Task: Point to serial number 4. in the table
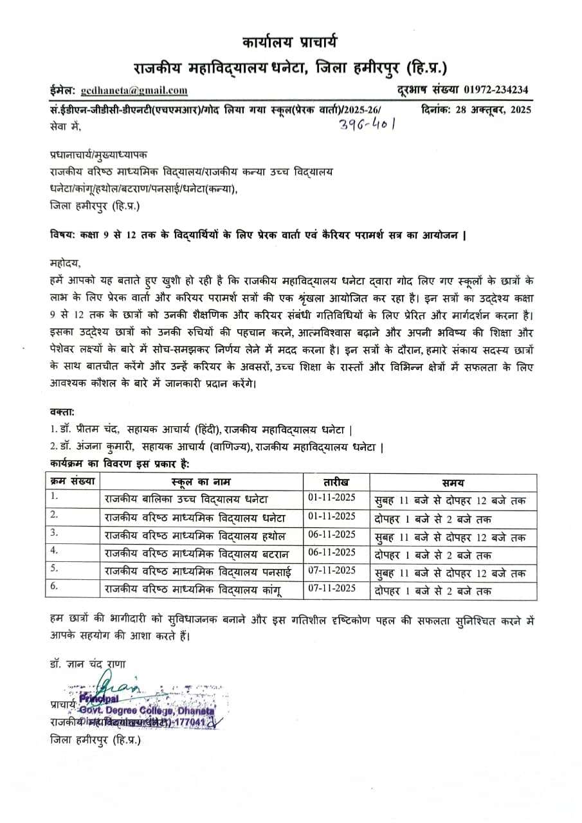point(55,551)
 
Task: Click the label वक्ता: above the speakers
point(62,411)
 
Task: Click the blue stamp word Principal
point(99,699)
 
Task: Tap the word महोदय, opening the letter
point(64,263)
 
